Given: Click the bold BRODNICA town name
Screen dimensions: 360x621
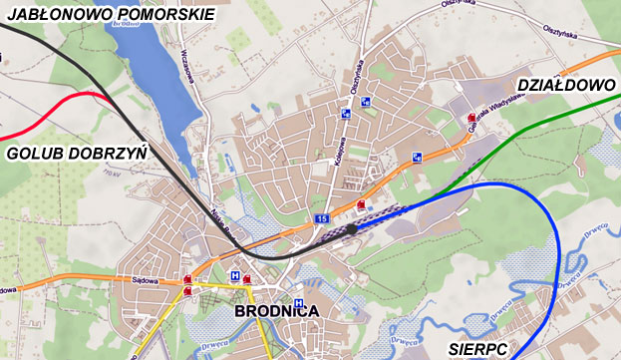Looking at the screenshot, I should [x=277, y=311].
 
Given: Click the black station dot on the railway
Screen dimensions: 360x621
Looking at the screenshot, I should [x=351, y=229].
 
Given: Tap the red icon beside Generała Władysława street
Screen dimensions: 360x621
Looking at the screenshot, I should [x=471, y=119].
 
